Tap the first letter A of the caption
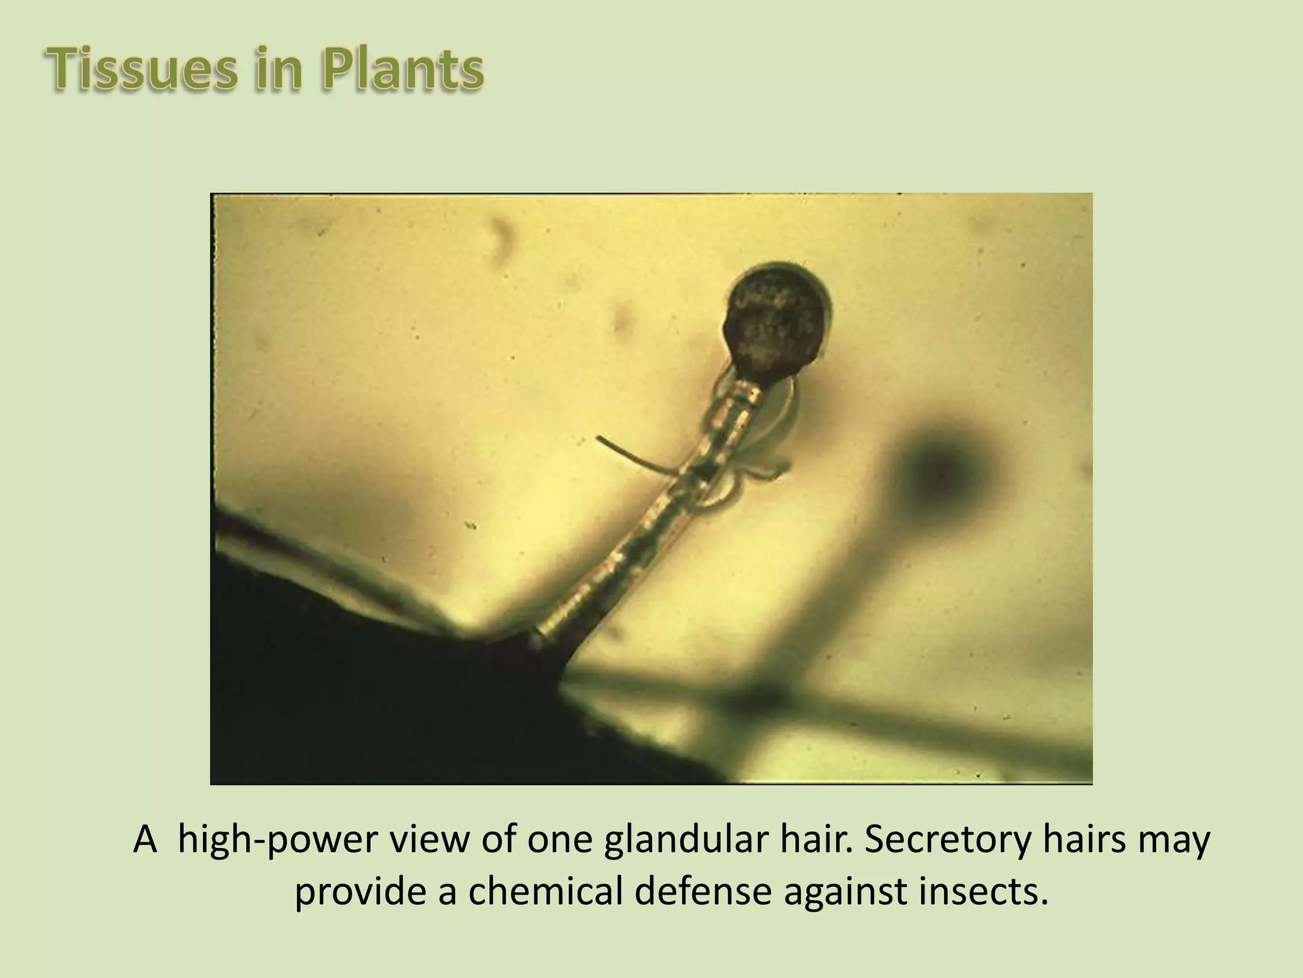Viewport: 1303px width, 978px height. click(x=145, y=841)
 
